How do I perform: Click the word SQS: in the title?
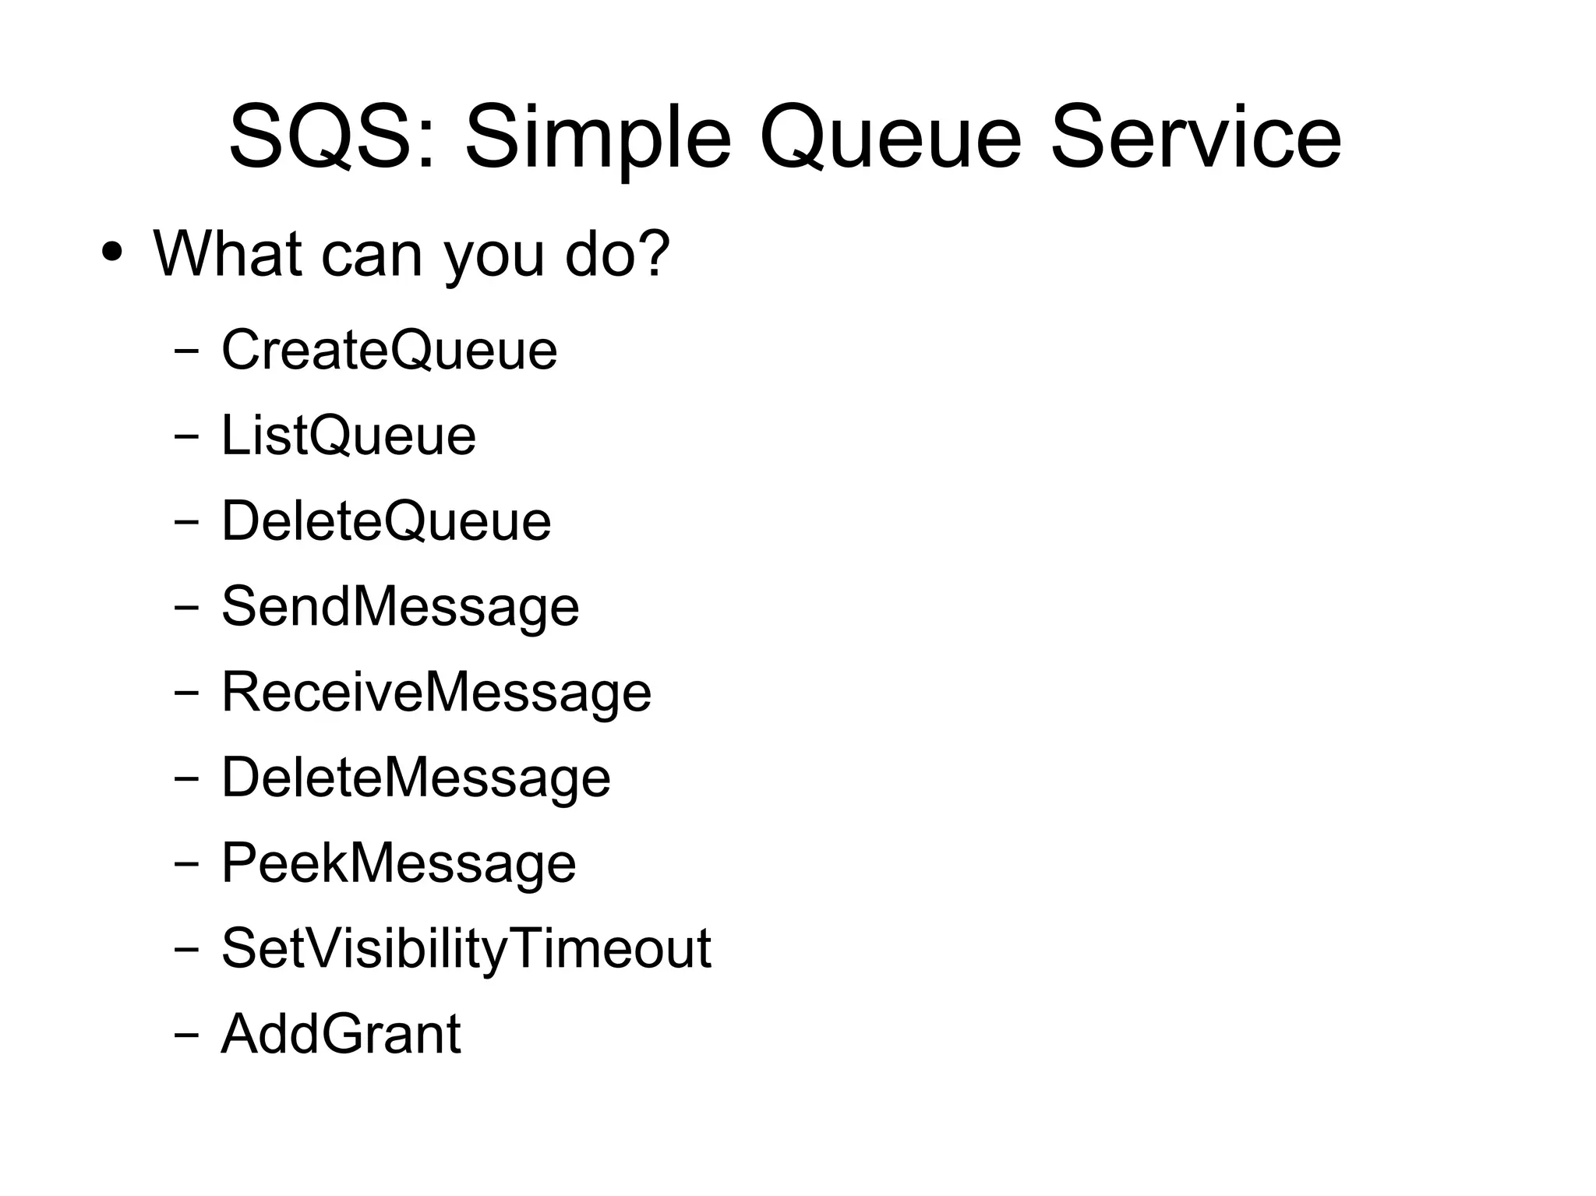(332, 139)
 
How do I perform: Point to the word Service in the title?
(1195, 139)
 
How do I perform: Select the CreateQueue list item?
(389, 350)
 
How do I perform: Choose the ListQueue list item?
(348, 435)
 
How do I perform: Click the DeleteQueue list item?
(386, 520)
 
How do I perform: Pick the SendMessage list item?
(401, 607)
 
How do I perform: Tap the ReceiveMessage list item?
(436, 692)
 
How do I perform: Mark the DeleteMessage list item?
(416, 778)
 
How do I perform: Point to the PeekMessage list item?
(398, 863)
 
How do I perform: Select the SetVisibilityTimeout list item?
(466, 949)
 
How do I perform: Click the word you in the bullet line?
(494, 257)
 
